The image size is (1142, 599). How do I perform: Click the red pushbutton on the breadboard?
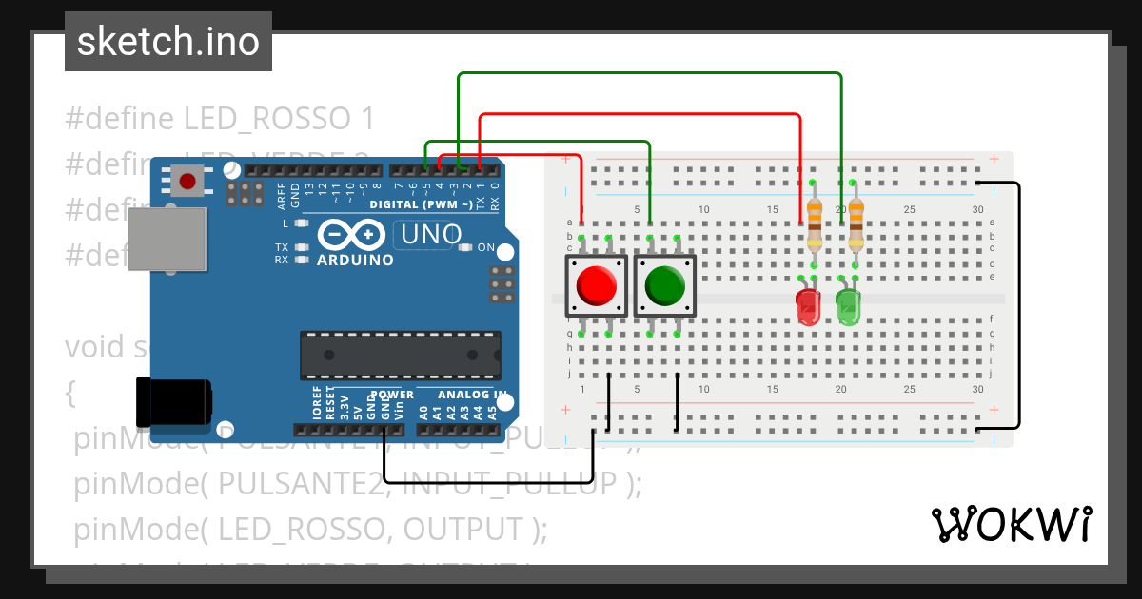596,285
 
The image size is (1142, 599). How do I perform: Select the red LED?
808,307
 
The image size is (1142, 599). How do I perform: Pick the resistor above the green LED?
856,222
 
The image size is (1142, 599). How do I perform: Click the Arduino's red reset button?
187,180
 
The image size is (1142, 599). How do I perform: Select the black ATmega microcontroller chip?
401,355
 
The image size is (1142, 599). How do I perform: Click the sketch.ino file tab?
167,42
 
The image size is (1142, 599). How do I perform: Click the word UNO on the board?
431,234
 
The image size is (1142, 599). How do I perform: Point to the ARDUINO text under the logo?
355,261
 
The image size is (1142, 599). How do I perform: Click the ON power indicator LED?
465,247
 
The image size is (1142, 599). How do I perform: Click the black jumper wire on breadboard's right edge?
1019,304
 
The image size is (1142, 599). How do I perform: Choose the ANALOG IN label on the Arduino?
471,395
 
